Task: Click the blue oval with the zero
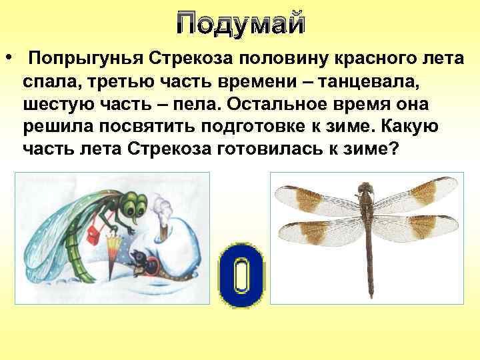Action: point(243,275)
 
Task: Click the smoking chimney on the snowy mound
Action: point(163,227)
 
